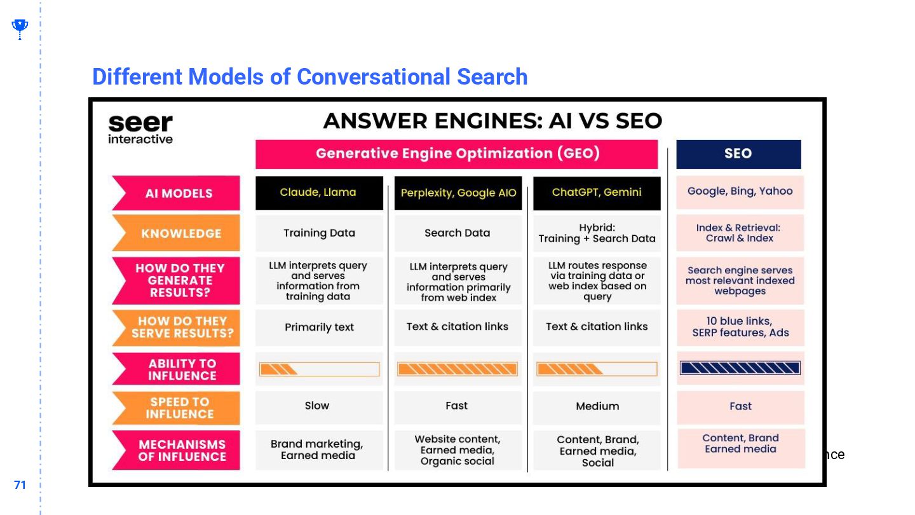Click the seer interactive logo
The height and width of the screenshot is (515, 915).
point(140,128)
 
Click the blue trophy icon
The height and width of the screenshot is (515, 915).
point(20,29)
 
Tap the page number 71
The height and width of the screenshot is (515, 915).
point(20,485)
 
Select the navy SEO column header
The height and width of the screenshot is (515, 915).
point(738,154)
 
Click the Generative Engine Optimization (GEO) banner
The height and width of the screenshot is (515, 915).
point(457,154)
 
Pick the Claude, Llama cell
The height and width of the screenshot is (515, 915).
point(319,193)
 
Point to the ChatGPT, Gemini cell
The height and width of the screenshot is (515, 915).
point(597,193)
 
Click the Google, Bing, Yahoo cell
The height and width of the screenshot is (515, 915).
point(740,192)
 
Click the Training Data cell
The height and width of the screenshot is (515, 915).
point(319,233)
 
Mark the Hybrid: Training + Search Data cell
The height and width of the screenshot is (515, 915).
point(597,233)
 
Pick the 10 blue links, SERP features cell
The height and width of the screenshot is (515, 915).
point(740,327)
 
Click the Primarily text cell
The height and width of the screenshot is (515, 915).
point(319,327)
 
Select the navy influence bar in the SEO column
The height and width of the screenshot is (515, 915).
point(740,368)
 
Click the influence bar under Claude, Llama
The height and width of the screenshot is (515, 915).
point(319,369)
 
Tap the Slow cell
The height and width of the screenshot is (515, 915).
point(317,406)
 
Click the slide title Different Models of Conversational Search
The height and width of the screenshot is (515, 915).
point(310,77)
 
